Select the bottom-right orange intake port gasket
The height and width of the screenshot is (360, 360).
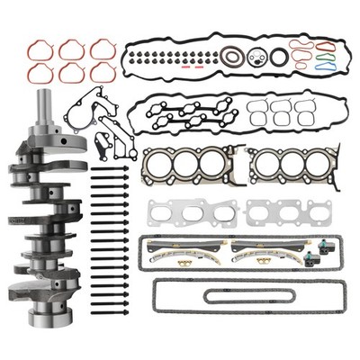102,71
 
